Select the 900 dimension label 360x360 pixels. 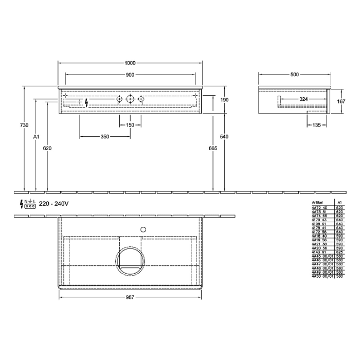pos(130,75)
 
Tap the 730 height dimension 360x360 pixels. pos(19,125)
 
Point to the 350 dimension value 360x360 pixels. pos(105,136)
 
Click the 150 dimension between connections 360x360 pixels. pos(130,125)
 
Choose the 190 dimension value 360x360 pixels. pos(224,100)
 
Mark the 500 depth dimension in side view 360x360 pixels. pos(294,75)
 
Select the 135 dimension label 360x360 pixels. pos(317,125)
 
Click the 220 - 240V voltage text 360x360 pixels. pos(53,204)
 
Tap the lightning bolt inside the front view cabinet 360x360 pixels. pos(86,102)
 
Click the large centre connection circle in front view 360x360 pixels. pos(130,99)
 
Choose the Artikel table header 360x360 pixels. pos(318,203)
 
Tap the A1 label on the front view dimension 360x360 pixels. pos(36,137)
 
